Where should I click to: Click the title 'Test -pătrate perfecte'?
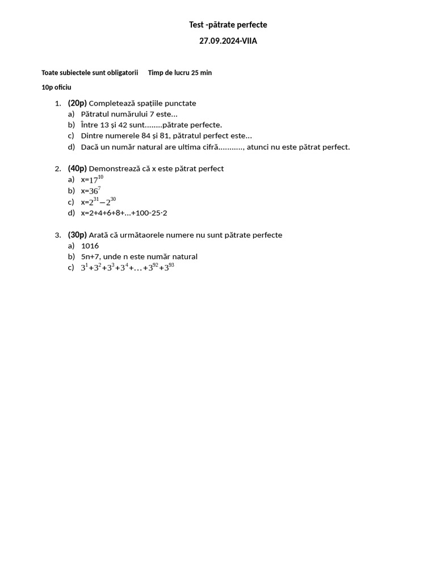tap(228, 25)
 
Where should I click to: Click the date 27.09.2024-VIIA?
tap(228, 41)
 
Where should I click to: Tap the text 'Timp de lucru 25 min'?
tap(180, 73)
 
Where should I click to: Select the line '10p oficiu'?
tap(56, 87)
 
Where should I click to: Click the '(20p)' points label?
tap(77, 103)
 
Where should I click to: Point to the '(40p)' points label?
tap(77, 169)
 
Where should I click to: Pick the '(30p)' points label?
tap(77, 235)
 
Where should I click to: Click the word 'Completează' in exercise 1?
tap(111, 103)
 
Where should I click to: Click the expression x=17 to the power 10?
tap(92, 180)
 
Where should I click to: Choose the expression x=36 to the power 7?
tap(91, 191)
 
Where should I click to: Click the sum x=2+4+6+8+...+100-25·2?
tap(124, 213)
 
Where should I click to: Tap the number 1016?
tap(90, 246)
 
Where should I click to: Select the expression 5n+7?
tap(90, 256)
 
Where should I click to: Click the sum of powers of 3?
tap(127, 267)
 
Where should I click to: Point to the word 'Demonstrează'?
tap(115, 169)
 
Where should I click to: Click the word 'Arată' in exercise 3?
tap(99, 235)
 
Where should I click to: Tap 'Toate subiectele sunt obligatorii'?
tap(90, 73)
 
